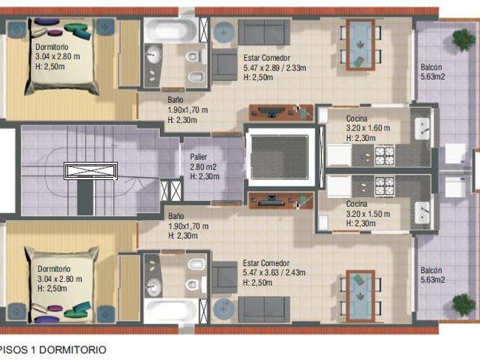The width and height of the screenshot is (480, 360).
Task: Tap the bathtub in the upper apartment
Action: coord(171,30)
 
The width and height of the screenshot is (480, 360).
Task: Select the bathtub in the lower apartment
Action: coord(171,310)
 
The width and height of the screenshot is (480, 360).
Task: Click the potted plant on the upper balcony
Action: coord(464,39)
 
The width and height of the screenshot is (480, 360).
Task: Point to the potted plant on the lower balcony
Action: coord(464,304)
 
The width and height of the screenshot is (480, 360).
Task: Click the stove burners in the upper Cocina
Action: coord(385,156)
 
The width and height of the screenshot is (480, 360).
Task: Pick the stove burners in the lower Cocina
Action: coord(385,187)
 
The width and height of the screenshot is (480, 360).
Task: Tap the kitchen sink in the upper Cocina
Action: coord(422,128)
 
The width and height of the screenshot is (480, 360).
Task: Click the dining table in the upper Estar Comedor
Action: coord(361,45)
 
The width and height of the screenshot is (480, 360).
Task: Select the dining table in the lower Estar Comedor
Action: coord(361,295)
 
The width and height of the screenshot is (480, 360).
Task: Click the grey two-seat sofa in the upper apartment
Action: coord(264,32)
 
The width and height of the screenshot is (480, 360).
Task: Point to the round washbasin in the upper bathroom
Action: coord(153,55)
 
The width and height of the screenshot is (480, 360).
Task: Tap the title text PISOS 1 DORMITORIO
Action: coord(52,349)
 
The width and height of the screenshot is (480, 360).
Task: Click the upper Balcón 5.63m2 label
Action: coord(433,72)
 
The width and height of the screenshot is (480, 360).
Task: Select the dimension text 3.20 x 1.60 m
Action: coord(368,128)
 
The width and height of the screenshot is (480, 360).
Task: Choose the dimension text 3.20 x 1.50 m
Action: coord(368,214)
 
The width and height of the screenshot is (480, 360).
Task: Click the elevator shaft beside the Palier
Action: coord(280,157)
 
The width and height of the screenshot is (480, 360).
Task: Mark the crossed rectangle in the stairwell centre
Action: coord(91,171)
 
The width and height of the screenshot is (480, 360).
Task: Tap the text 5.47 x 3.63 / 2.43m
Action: coord(274,272)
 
